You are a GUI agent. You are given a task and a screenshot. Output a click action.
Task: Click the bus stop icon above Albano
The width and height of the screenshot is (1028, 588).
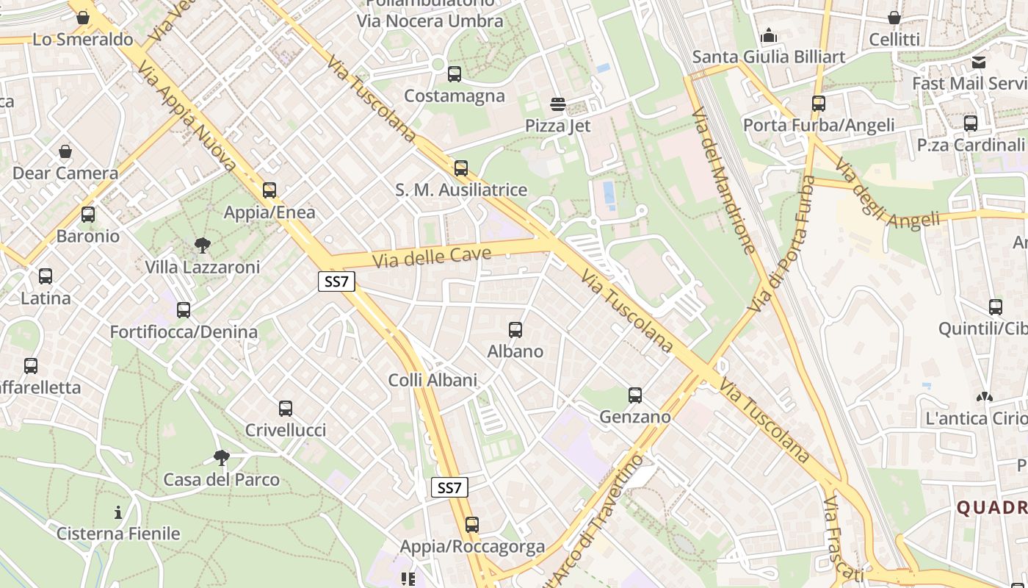515,330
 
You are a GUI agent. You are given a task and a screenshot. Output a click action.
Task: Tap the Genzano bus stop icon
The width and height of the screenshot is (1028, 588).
635,395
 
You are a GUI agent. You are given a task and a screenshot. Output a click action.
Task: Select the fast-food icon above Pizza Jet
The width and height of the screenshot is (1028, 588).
558,104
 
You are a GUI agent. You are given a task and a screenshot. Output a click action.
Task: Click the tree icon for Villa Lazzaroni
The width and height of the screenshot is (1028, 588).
202,245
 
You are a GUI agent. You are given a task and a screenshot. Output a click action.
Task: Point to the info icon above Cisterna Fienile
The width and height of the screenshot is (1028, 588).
118,512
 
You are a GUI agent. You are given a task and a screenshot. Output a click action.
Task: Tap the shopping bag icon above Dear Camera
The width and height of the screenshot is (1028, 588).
65,151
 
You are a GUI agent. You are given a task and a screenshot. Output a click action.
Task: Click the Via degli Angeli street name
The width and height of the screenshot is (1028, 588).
887,196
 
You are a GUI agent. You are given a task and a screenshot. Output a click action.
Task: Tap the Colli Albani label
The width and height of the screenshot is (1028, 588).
432,380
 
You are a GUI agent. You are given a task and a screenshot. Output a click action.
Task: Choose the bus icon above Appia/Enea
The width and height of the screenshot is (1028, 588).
269,190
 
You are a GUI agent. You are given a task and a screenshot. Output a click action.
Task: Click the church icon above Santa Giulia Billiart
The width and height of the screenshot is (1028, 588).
769,35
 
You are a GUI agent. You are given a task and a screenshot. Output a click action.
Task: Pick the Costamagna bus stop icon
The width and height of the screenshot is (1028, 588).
455,74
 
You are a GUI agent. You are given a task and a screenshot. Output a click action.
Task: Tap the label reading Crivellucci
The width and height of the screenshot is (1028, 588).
286,430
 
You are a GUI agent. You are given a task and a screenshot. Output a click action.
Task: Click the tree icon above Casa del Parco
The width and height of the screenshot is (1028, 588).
221,458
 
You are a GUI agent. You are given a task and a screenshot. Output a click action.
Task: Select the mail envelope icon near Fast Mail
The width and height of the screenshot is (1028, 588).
979,62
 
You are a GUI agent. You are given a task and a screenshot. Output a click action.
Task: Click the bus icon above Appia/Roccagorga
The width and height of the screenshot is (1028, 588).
472,525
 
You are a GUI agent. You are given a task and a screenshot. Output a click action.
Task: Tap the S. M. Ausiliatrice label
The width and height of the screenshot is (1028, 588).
461,190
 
